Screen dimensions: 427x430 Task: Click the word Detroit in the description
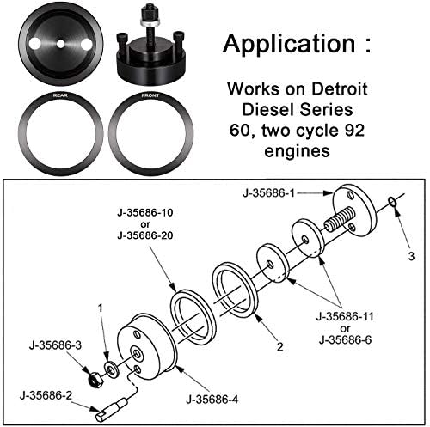(329, 88)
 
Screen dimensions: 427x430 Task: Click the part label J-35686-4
(216, 399)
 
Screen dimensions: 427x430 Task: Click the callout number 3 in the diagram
(411, 256)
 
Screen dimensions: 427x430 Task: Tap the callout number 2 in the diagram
(278, 348)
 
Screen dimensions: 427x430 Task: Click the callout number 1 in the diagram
(100, 307)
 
